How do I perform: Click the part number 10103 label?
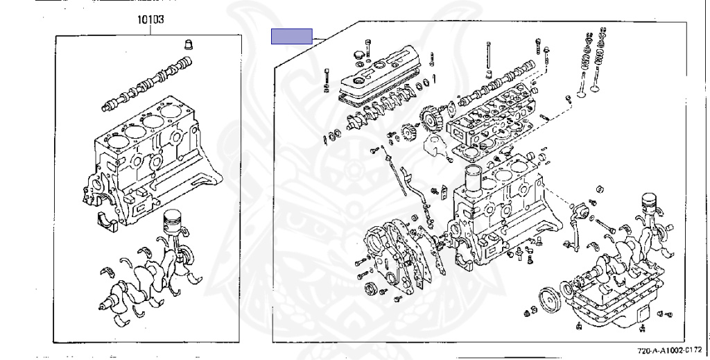150,19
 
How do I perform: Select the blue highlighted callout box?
292,36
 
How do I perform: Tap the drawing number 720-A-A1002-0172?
669,350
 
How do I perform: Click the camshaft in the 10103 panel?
147,84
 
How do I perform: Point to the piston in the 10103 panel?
173,222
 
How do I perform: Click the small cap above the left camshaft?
189,44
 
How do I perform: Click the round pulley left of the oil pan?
550,300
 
